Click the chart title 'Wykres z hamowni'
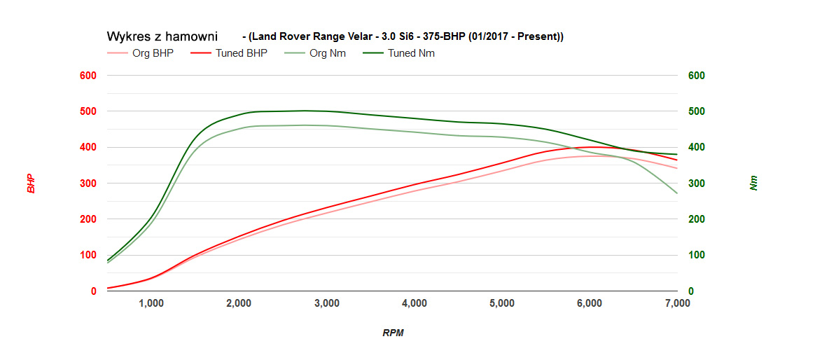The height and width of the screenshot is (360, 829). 162,36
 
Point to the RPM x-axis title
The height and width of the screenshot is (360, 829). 393,333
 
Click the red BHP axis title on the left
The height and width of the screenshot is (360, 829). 31,184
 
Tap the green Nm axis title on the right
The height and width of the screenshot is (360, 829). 753,184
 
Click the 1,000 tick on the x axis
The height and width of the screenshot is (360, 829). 151,303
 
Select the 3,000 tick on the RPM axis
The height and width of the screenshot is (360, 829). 327,303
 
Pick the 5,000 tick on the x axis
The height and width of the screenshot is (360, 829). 502,303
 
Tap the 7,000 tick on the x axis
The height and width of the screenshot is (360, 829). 677,303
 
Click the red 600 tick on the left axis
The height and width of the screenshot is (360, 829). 89,76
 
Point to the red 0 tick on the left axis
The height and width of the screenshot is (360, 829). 94,291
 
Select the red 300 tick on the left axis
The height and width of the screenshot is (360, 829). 89,184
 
